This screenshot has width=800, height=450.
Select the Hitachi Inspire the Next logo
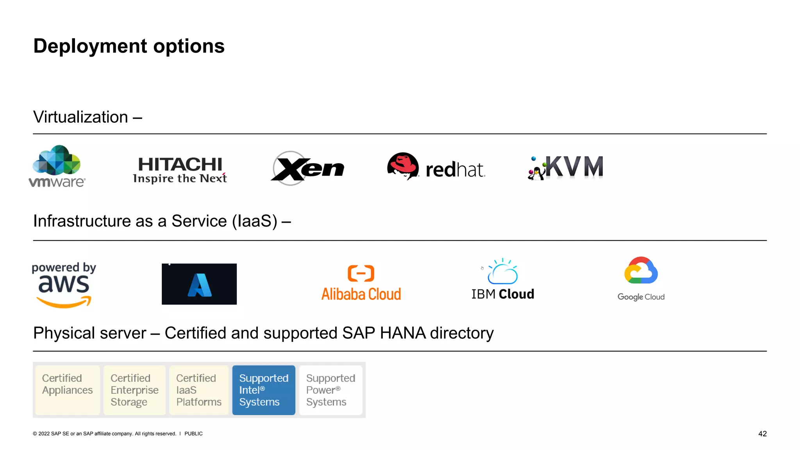180,170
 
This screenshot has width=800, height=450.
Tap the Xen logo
307,168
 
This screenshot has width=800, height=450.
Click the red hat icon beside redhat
403,166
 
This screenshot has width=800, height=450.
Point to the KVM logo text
574,167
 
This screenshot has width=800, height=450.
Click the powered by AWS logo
64,285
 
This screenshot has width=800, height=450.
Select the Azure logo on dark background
199,284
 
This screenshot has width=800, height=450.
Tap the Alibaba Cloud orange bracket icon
361,273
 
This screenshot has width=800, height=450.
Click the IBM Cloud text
503,294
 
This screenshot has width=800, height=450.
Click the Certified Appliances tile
68,390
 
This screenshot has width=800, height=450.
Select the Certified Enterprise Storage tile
134,390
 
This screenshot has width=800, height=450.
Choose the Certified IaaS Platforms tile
199,390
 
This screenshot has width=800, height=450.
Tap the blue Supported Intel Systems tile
264,390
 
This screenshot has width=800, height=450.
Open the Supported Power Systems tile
330,390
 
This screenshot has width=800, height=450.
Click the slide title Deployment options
129,46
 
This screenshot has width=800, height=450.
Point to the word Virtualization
81,117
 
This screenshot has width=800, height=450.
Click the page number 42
762,434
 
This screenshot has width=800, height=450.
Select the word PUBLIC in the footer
193,434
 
